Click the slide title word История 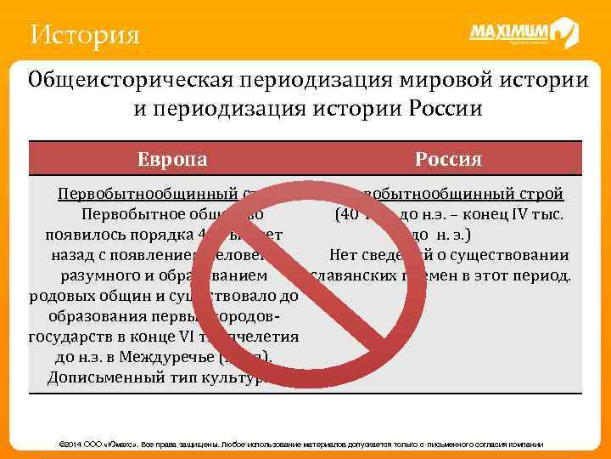83,36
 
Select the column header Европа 173,159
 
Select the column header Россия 449,159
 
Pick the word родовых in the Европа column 59,296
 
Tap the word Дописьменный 103,377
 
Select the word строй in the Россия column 542,193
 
